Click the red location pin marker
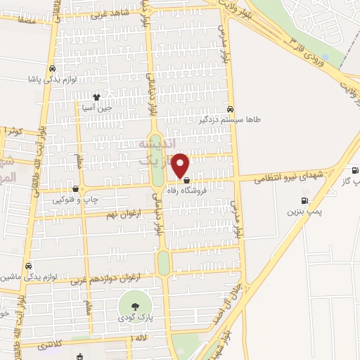coord(181,165)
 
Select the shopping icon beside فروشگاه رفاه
coord(186,180)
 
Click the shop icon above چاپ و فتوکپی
coord(75,188)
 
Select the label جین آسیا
coord(96,108)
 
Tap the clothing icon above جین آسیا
coord(97,98)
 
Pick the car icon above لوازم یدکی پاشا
coord(53,69)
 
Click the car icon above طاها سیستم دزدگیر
coord(231,108)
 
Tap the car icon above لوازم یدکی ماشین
coord(28,266)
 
